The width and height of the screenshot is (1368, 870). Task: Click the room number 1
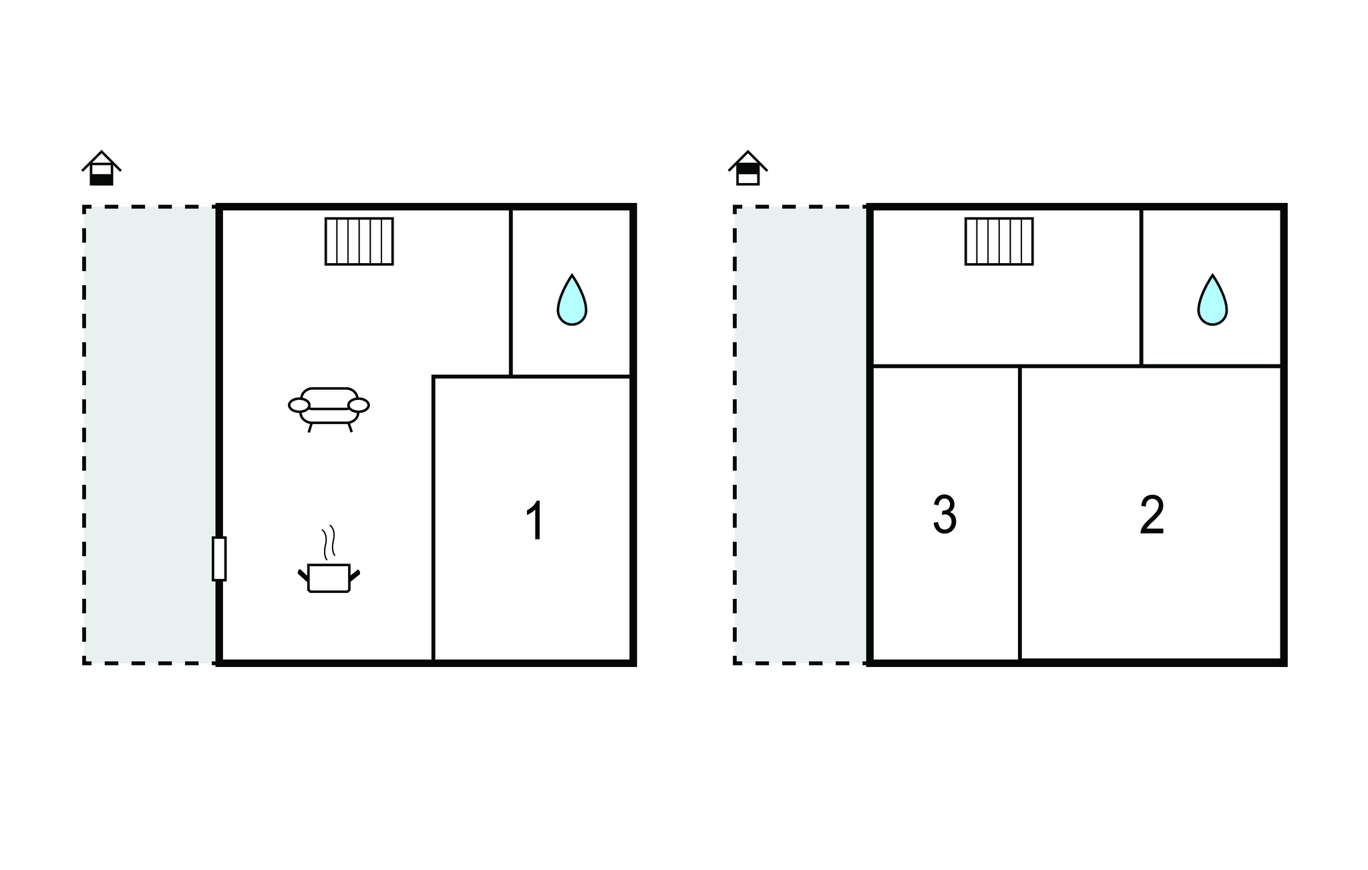point(536,520)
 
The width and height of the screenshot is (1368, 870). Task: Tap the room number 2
point(1152,515)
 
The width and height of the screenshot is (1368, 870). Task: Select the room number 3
point(945,515)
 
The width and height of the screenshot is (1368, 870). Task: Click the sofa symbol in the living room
point(329,409)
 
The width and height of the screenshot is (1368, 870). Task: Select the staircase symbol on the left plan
point(359,241)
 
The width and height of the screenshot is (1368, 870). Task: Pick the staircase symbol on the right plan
point(999,241)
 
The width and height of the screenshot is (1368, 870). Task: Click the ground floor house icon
point(102,168)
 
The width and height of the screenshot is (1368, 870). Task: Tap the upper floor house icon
point(748,168)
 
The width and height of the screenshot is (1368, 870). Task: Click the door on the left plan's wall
point(219,558)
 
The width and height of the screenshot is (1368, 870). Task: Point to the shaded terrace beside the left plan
point(150,435)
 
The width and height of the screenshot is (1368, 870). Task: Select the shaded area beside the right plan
point(801,435)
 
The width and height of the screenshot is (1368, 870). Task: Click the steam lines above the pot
point(328,542)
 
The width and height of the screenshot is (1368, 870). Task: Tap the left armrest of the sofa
point(299,405)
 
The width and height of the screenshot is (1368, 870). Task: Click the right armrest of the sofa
point(359,405)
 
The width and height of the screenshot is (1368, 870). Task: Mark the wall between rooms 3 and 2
point(1020,513)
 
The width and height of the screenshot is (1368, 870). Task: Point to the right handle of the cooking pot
point(355,575)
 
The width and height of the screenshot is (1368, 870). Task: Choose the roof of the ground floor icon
point(102,160)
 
